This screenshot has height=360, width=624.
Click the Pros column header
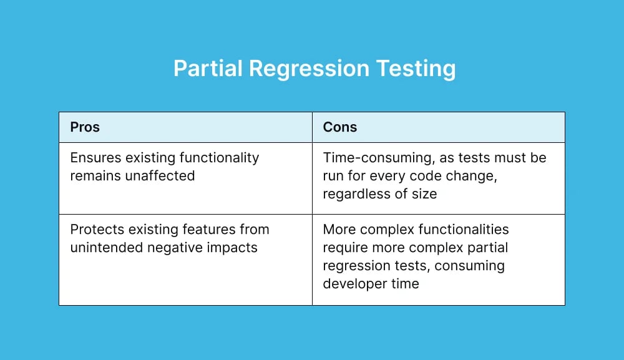tap(85, 127)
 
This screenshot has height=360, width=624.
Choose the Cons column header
tap(340, 127)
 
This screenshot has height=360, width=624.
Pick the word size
tap(424, 194)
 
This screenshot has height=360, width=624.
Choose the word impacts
tap(234, 248)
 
